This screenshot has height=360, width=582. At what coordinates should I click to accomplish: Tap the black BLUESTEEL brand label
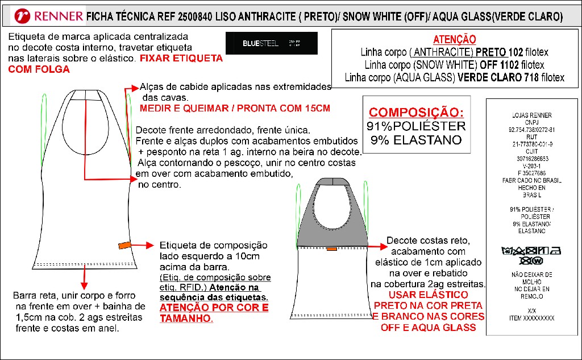271,43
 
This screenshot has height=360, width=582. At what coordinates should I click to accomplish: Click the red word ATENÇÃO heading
454,39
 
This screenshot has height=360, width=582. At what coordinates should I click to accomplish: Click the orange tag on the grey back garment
331,249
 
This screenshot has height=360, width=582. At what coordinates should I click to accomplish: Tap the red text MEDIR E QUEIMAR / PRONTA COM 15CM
235,108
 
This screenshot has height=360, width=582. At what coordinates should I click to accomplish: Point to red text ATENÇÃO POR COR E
214,308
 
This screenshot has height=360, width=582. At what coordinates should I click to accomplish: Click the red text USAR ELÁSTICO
429,295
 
